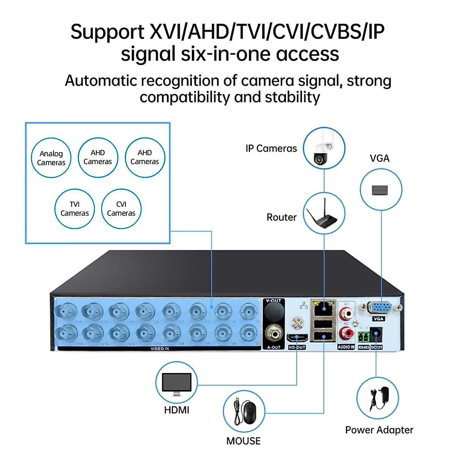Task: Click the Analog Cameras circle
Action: point(51,158)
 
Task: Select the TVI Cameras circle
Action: point(75,209)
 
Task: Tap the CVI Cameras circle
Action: point(121,209)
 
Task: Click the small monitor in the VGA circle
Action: point(380,190)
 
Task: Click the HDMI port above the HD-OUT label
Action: point(297,338)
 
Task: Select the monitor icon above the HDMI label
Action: point(176,384)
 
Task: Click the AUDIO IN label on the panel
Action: point(346,347)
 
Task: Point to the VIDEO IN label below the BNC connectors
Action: point(160,349)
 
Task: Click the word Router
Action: point(281,217)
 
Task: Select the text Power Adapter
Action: point(379,430)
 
